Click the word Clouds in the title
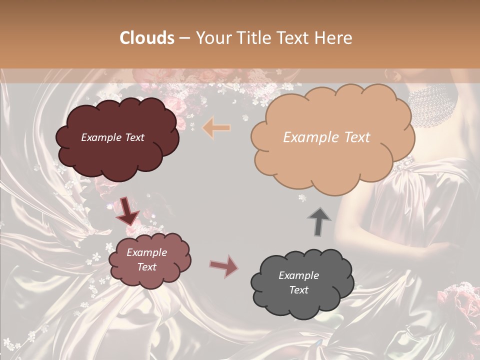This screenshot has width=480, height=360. pyautogui.click(x=147, y=38)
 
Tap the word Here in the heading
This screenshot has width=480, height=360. pyautogui.click(x=334, y=38)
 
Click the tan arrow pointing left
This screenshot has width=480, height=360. pyautogui.click(x=216, y=128)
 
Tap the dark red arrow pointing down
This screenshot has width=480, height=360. pyautogui.click(x=127, y=210)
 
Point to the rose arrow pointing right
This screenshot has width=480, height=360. pyautogui.click(x=224, y=266)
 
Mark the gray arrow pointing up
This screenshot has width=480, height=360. pyautogui.click(x=319, y=220)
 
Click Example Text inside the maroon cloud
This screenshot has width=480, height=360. pyautogui.click(x=112, y=137)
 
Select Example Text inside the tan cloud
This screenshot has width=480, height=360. pyautogui.click(x=326, y=137)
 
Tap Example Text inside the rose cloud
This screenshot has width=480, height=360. pyautogui.click(x=146, y=259)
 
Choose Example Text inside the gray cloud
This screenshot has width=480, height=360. pyautogui.click(x=298, y=282)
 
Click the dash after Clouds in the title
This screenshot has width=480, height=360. pyautogui.click(x=184, y=38)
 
